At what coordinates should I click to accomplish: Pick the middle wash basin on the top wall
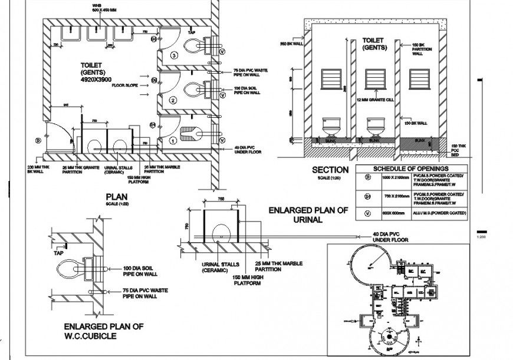[x=96, y=33]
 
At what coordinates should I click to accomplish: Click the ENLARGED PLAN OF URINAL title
[x=308, y=214]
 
